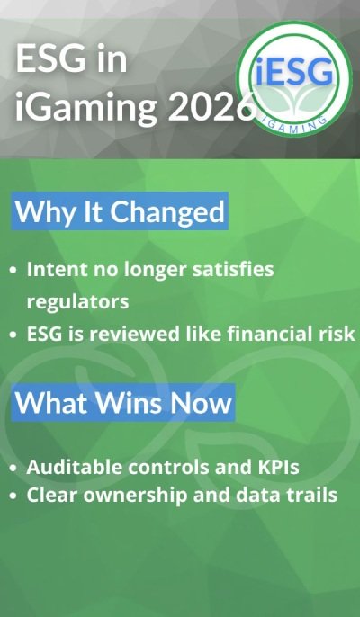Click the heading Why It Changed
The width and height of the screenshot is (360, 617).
[x=120, y=212]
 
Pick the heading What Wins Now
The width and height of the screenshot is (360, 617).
[x=124, y=401]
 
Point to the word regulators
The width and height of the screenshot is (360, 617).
[x=77, y=300]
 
